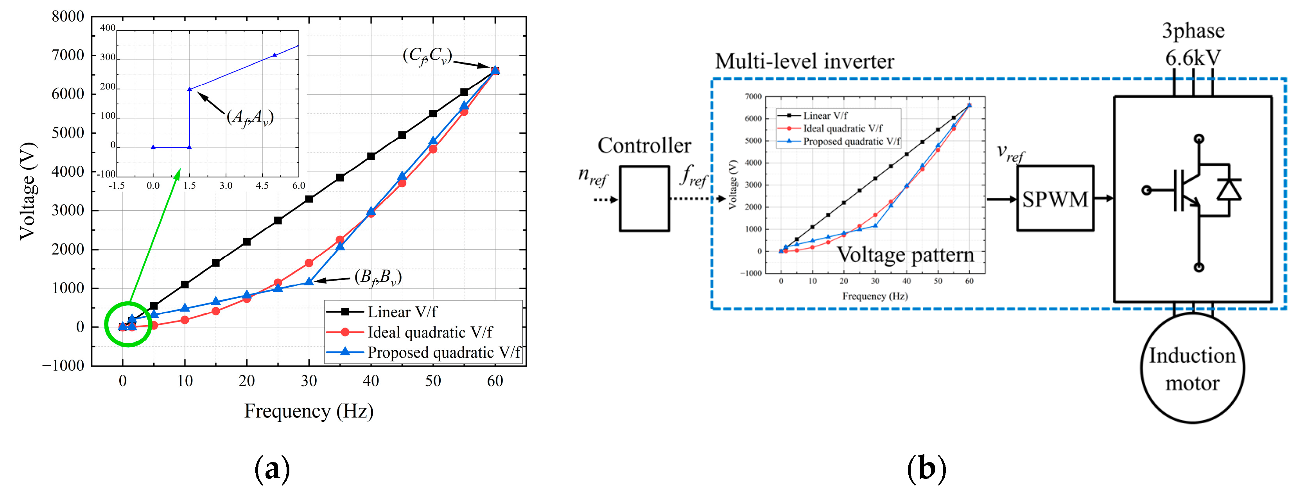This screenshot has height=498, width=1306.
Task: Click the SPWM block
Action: click(x=1055, y=199)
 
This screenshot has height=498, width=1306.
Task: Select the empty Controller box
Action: click(x=644, y=199)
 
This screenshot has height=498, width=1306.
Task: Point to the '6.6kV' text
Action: click(x=1193, y=58)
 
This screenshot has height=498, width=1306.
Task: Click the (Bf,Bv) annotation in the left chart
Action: click(x=378, y=277)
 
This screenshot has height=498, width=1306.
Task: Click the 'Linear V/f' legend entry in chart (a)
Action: click(x=402, y=312)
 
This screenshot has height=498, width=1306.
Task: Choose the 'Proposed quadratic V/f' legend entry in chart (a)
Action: click(x=444, y=352)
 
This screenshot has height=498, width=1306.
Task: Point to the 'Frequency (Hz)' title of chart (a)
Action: click(x=309, y=411)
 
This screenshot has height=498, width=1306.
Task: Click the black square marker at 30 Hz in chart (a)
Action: click(x=309, y=199)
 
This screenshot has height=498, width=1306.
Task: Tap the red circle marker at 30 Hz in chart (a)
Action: click(x=309, y=263)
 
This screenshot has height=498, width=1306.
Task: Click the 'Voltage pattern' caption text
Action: click(x=905, y=254)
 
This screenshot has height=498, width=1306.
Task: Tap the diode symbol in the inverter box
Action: click(x=1229, y=190)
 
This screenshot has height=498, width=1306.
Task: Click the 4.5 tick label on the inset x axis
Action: click(x=262, y=185)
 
